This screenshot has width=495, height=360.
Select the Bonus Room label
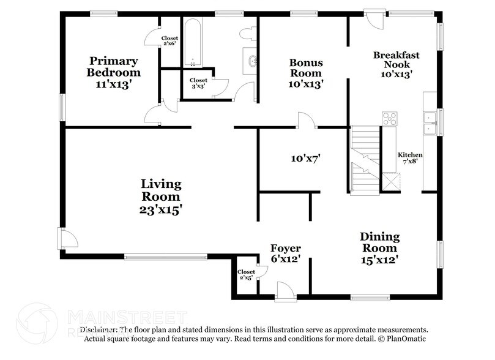click(x=306, y=68)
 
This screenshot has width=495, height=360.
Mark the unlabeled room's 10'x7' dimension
click(x=306, y=159)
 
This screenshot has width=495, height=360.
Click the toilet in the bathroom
click(x=248, y=33)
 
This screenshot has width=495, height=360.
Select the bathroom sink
click(x=251, y=61)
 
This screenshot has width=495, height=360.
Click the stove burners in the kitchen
click(x=389, y=118)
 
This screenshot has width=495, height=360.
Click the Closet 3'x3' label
click(x=198, y=83)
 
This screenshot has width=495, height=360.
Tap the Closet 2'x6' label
click(x=169, y=41)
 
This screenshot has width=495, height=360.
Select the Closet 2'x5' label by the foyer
click(x=246, y=275)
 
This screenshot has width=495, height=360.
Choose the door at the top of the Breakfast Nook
click(x=372, y=17)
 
